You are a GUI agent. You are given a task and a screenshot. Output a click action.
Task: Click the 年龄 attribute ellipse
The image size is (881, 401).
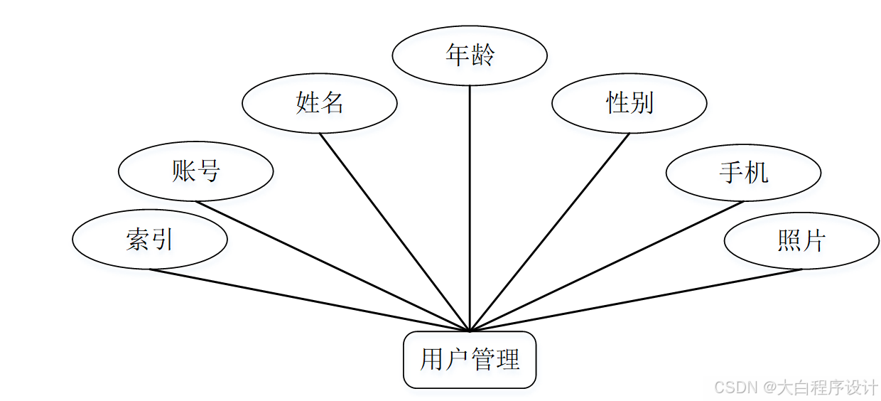pos(469,55)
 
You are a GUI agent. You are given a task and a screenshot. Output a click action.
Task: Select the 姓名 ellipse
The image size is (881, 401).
pos(319,103)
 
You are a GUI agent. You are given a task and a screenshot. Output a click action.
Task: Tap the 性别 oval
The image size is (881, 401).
pos(629,103)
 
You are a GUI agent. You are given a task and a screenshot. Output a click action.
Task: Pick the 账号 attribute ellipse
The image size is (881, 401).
pos(195,171)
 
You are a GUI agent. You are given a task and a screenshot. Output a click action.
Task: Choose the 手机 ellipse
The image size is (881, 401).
pos(743,172)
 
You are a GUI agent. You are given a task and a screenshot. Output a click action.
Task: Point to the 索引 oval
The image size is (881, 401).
pos(150,240)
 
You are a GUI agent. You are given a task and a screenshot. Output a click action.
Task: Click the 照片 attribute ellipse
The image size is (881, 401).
pos(801,241)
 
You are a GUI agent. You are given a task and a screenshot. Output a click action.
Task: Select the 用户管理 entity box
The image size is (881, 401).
pos(470,360)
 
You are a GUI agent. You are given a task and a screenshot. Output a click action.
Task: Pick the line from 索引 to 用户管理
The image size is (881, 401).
pos(310,300)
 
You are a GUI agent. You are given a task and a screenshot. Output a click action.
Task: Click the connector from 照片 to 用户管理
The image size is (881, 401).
pos(636,300)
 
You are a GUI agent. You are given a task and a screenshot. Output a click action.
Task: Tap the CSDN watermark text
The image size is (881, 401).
pos(796,387)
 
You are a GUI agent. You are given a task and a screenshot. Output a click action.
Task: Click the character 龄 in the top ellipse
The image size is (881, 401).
pos(482,55)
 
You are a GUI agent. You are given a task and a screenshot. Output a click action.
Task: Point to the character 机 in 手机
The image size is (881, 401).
pos(756,172)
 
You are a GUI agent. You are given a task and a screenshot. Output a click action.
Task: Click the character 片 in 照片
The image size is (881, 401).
pos(814,241)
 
